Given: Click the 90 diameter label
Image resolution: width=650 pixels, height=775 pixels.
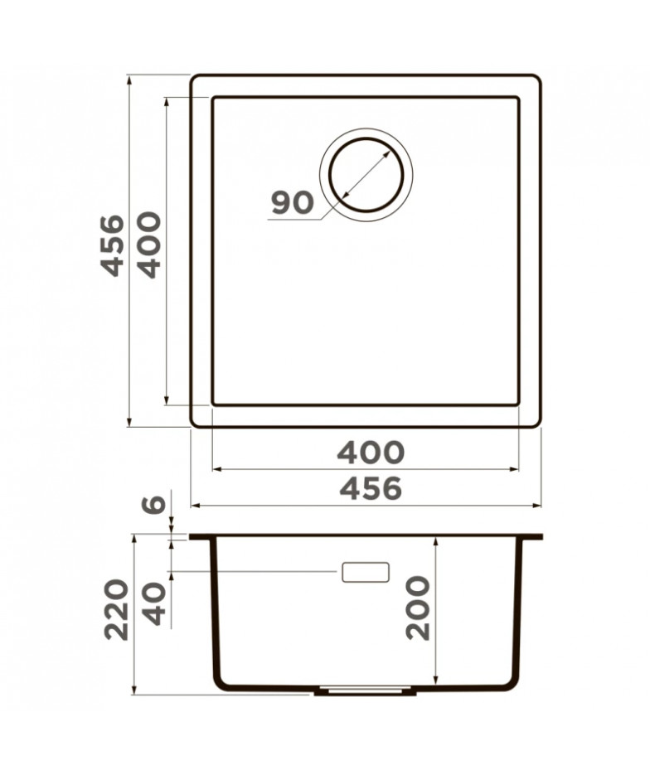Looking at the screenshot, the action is coord(293,202).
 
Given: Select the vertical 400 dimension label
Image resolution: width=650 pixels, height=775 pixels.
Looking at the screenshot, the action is coord(149,245).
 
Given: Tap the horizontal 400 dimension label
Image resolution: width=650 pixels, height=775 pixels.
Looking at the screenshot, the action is coord(371,453).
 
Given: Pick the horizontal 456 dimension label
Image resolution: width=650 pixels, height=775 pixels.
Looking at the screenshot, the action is coord(371,489).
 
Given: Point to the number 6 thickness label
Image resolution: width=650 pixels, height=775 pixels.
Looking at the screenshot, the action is coord(153,504).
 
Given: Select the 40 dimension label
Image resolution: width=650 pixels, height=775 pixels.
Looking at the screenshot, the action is coord(154,604).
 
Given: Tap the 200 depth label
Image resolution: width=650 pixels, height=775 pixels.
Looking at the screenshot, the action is coord(417,608).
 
